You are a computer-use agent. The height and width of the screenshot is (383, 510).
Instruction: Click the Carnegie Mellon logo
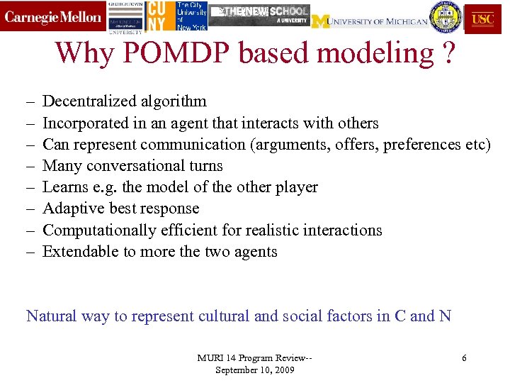53,18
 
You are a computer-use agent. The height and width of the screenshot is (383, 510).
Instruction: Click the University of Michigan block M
321,21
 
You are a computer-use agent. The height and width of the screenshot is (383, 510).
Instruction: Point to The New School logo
262,13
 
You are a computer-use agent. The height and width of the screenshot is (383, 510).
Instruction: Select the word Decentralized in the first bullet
85,101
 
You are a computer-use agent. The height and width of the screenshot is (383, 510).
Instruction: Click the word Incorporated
86,123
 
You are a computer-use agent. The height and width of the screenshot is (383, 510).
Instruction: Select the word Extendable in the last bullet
77,251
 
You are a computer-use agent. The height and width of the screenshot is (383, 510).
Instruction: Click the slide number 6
464,358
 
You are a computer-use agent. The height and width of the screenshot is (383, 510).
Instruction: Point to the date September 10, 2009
255,370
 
